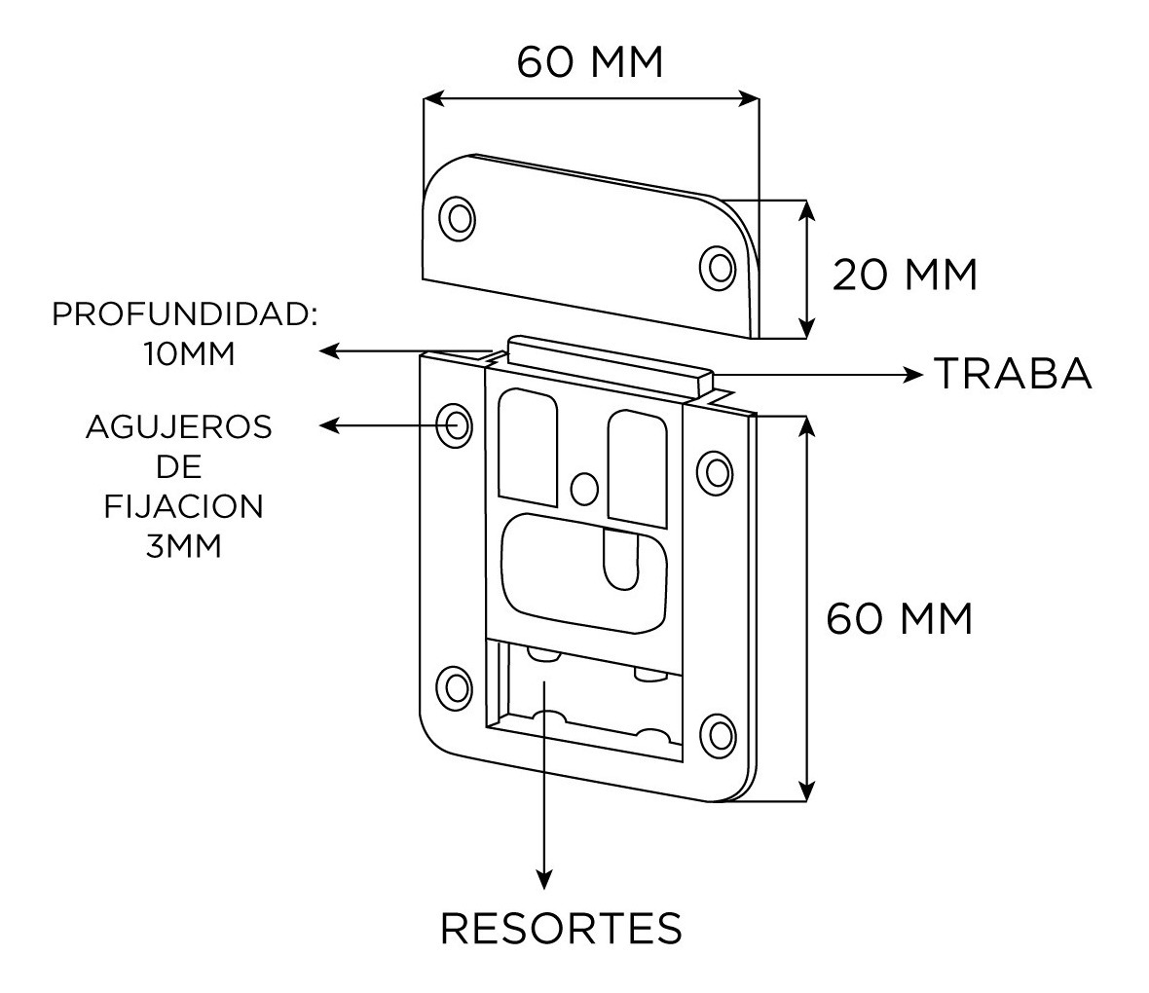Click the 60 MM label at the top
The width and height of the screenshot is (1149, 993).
589,63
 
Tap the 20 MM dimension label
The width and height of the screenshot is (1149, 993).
904,276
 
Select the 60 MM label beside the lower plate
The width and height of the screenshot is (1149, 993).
899,618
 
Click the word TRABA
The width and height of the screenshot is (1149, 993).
1013,374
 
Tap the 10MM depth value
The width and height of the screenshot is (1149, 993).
189,353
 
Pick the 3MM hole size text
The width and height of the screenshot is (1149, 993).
183,546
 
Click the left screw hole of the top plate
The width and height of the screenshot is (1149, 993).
457,216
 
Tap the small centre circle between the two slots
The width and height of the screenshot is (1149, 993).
583,487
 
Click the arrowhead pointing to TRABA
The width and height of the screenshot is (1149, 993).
912,374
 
